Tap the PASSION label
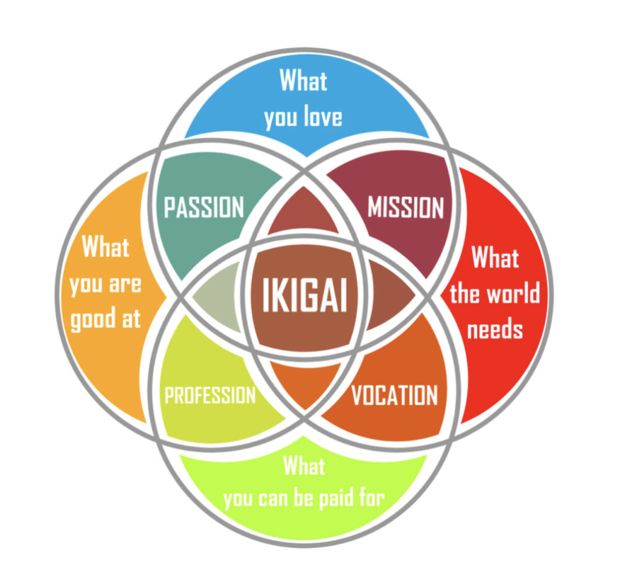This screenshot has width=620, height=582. point(204,207)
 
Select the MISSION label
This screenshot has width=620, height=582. point(406,207)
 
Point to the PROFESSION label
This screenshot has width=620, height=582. point(210,396)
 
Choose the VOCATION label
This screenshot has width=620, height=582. point(395,395)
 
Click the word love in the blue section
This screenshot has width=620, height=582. point(322,116)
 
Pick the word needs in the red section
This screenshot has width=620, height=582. point(495,329)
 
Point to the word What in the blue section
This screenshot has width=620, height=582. point(303,81)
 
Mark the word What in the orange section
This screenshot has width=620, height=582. point(106,247)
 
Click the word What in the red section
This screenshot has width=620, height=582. point(495,258)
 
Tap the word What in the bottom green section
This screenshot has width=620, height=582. point(304,466)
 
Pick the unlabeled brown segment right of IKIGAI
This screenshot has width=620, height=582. point(387,296)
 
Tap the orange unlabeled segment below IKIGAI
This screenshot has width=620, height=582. point(305,382)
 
